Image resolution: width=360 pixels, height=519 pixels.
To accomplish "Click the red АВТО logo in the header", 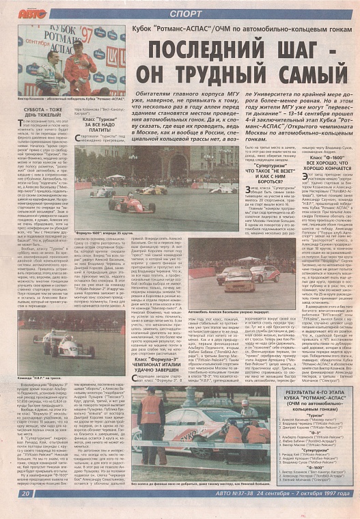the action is click(x=32, y=13).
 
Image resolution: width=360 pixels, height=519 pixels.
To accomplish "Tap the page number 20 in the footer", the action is click(x=25, y=511).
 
